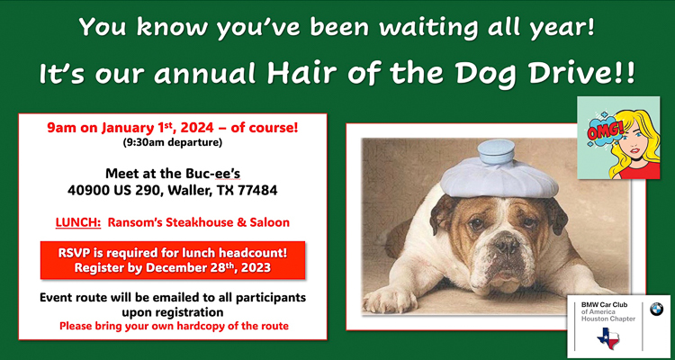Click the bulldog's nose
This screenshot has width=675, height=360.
point(505,246)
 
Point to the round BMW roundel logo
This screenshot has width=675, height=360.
point(656,310)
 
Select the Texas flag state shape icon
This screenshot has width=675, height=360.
point(608,337)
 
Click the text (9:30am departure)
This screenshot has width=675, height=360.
point(173,143)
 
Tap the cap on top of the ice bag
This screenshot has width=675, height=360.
point(496,151)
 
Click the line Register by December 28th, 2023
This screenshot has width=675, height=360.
point(173,268)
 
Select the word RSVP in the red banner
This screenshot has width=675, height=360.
point(73,253)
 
